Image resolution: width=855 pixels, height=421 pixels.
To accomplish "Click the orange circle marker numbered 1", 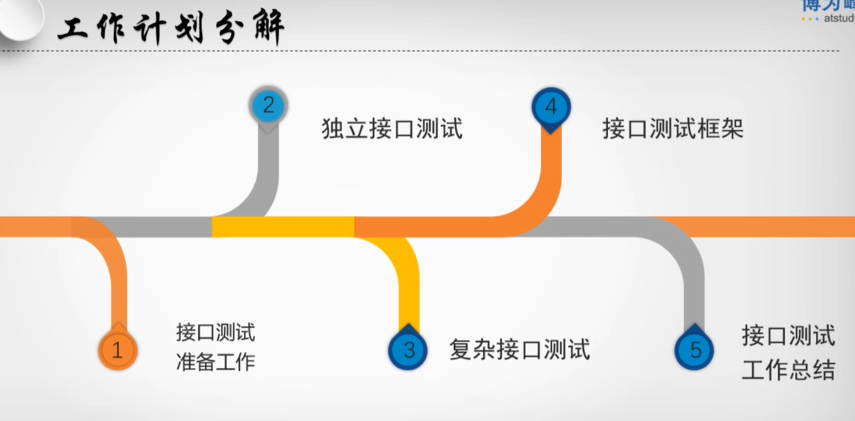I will pyautogui.click(x=117, y=350).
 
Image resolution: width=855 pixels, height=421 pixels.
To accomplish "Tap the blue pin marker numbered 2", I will pyautogui.click(x=268, y=105).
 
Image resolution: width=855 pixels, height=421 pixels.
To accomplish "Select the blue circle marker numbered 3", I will pyautogui.click(x=408, y=350).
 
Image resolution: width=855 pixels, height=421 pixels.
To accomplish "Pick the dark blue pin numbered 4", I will pyautogui.click(x=551, y=107).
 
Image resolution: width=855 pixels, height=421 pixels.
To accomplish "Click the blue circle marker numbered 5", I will pyautogui.click(x=694, y=350).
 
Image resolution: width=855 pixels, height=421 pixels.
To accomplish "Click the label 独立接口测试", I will pyautogui.click(x=392, y=129).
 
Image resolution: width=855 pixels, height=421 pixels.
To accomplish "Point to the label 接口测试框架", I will pyautogui.click(x=673, y=129).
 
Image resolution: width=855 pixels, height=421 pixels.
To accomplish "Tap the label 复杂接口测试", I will pyautogui.click(x=519, y=350).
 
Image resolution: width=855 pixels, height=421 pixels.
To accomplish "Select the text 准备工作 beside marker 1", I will pyautogui.click(x=215, y=362).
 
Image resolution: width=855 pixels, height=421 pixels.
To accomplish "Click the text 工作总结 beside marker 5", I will pyautogui.click(x=788, y=370).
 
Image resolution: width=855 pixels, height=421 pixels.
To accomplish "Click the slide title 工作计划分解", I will pyautogui.click(x=171, y=29).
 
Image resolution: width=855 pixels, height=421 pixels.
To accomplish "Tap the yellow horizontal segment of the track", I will pyautogui.click(x=283, y=227).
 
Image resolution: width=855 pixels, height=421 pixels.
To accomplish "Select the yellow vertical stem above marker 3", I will pyautogui.click(x=408, y=287).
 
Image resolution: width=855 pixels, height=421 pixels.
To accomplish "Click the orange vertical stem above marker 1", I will pyautogui.click(x=118, y=287).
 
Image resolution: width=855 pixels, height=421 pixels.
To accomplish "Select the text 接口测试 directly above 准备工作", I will pyautogui.click(x=215, y=332).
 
